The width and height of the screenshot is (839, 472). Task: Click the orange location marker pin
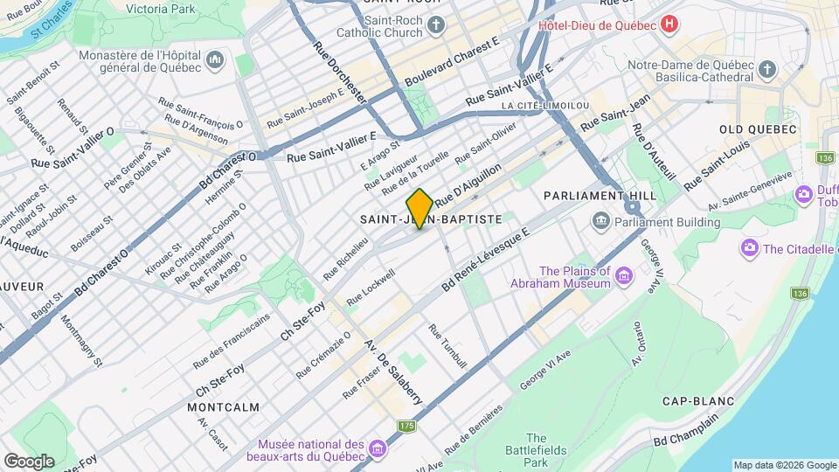click(419, 208)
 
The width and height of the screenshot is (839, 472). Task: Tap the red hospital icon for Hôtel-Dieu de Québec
click(669, 24)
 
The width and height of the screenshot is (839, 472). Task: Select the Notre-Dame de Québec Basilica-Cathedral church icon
click(766, 69)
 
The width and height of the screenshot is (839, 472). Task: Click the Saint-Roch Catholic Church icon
click(437, 25)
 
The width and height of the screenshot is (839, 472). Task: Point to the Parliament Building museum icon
click(600, 222)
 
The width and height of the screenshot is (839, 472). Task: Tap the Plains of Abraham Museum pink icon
click(623, 277)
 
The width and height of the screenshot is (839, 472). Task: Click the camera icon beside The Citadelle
click(749, 249)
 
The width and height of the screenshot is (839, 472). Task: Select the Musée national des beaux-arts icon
click(378, 449)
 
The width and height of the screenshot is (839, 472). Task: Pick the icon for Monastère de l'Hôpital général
click(216, 60)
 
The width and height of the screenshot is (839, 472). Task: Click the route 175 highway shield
click(406, 426)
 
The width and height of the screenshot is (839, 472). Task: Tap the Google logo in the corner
click(28, 461)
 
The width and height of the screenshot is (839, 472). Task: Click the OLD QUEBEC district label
click(758, 129)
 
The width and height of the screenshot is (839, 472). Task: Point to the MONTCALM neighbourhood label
click(223, 407)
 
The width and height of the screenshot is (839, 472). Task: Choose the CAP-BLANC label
click(697, 401)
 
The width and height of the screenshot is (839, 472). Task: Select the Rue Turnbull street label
click(447, 345)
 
